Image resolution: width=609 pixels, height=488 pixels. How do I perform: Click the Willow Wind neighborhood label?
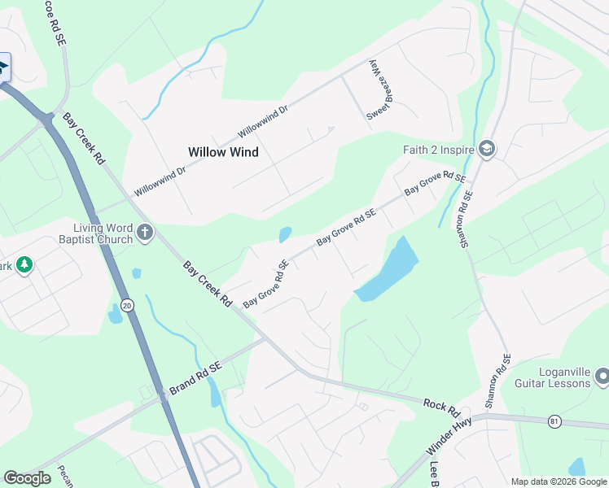[x=223, y=152]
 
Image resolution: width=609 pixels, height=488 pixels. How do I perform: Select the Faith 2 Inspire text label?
[x=439, y=150]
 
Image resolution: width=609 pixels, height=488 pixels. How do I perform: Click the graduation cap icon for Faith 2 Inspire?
[x=488, y=150]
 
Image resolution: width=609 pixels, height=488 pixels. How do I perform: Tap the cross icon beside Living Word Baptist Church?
[x=145, y=234]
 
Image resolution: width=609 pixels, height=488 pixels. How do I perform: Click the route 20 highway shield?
[x=127, y=304]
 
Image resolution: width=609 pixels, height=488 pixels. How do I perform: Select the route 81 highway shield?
[x=554, y=420]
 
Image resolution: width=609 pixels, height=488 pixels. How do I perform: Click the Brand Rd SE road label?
[x=195, y=379]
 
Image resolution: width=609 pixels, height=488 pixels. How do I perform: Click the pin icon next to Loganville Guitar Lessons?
[x=602, y=377]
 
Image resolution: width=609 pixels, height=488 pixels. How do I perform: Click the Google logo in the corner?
[x=27, y=478]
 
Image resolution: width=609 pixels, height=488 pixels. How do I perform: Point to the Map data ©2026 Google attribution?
[x=559, y=481]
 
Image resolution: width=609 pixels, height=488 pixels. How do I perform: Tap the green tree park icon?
[x=24, y=265]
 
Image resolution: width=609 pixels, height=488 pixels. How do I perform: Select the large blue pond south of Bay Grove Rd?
[x=388, y=268]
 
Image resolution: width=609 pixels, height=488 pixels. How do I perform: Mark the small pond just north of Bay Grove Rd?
[x=285, y=235]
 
